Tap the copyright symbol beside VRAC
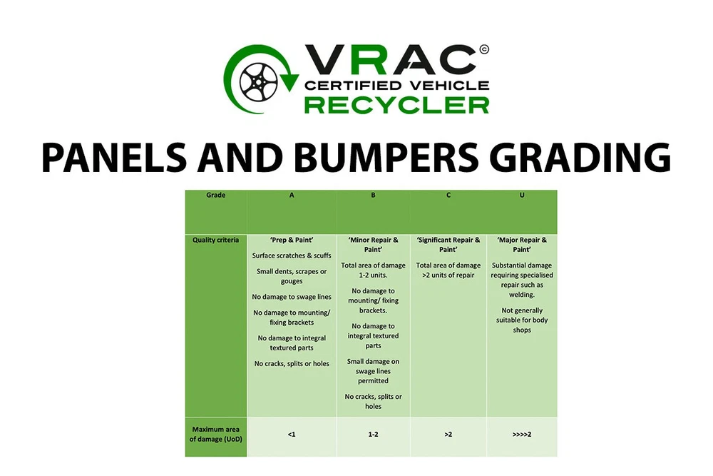tap(484, 49)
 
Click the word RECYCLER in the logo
tap(396, 105)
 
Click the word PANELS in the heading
tap(113, 157)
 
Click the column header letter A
tap(292, 195)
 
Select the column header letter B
tap(373, 195)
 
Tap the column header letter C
tap(448, 195)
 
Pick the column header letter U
tap(522, 195)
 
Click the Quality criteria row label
tap(215, 240)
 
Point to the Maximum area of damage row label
tap(215, 434)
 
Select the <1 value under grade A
tap(292, 434)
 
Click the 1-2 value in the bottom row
tap(373, 434)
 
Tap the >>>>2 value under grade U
tap(522, 434)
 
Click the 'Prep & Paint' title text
tap(292, 240)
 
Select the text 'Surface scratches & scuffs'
tap(292, 255)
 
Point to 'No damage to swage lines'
tap(292, 297)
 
